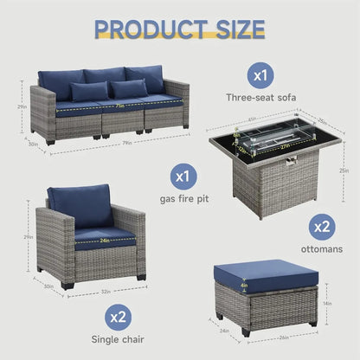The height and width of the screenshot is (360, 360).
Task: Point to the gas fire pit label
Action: click(x=182, y=198)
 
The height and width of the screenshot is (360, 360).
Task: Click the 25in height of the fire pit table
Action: click(x=344, y=170)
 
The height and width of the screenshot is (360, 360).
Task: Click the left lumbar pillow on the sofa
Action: click(x=90, y=91)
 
